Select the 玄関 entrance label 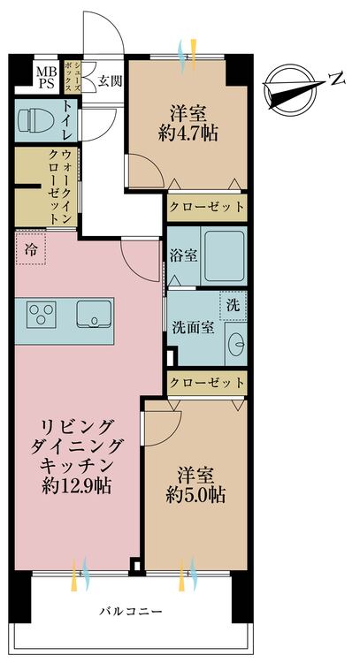(110, 81)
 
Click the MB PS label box (44, 76)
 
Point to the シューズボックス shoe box (77, 76)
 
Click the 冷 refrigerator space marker (32, 250)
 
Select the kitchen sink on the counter (93, 313)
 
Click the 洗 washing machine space (232, 303)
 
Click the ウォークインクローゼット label (56, 187)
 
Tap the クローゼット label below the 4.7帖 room (206, 207)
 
